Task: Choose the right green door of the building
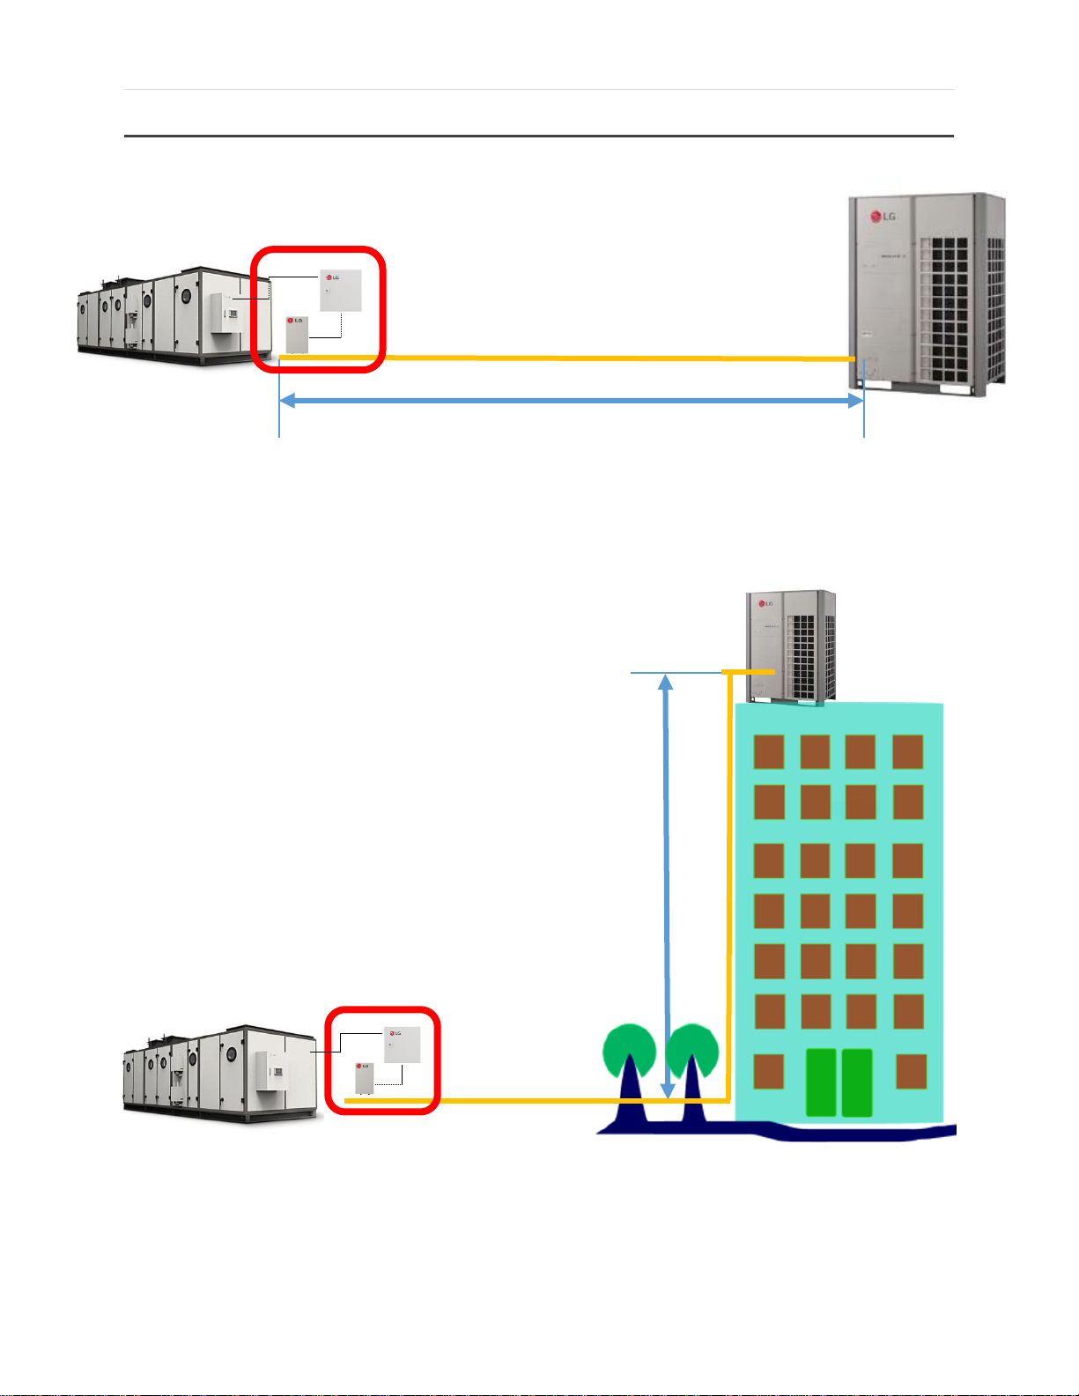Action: (x=857, y=1082)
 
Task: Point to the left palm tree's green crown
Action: (x=629, y=1051)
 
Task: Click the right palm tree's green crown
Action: (x=692, y=1051)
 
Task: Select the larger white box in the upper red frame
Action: (x=340, y=290)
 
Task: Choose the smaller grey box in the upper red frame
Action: (x=297, y=334)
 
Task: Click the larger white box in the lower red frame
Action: (x=403, y=1045)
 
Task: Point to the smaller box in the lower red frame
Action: (x=364, y=1078)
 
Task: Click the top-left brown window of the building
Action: (x=769, y=752)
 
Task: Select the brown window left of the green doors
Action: (x=769, y=1071)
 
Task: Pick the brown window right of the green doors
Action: (x=911, y=1071)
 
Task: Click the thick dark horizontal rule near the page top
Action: (x=538, y=136)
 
